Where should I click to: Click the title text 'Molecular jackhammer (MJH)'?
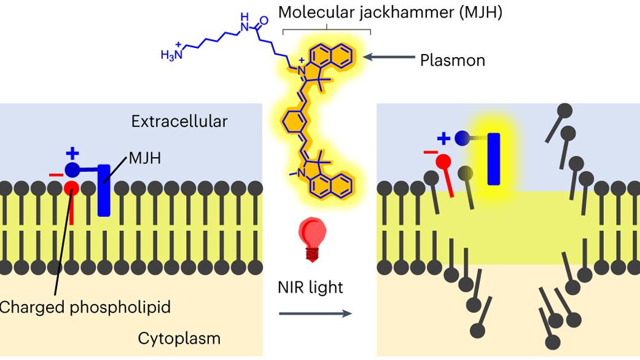click(391, 12)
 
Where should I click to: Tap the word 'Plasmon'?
click(452, 60)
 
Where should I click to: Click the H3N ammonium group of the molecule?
click(170, 55)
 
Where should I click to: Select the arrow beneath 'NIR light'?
click(314, 314)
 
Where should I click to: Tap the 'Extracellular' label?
click(179, 121)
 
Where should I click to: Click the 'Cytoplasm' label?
click(179, 338)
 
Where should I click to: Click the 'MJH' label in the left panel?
click(146, 160)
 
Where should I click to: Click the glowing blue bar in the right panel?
click(493, 159)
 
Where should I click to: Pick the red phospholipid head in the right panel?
click(444, 162)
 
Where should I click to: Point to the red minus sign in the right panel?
click(431, 152)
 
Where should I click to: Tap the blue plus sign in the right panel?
click(444, 138)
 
